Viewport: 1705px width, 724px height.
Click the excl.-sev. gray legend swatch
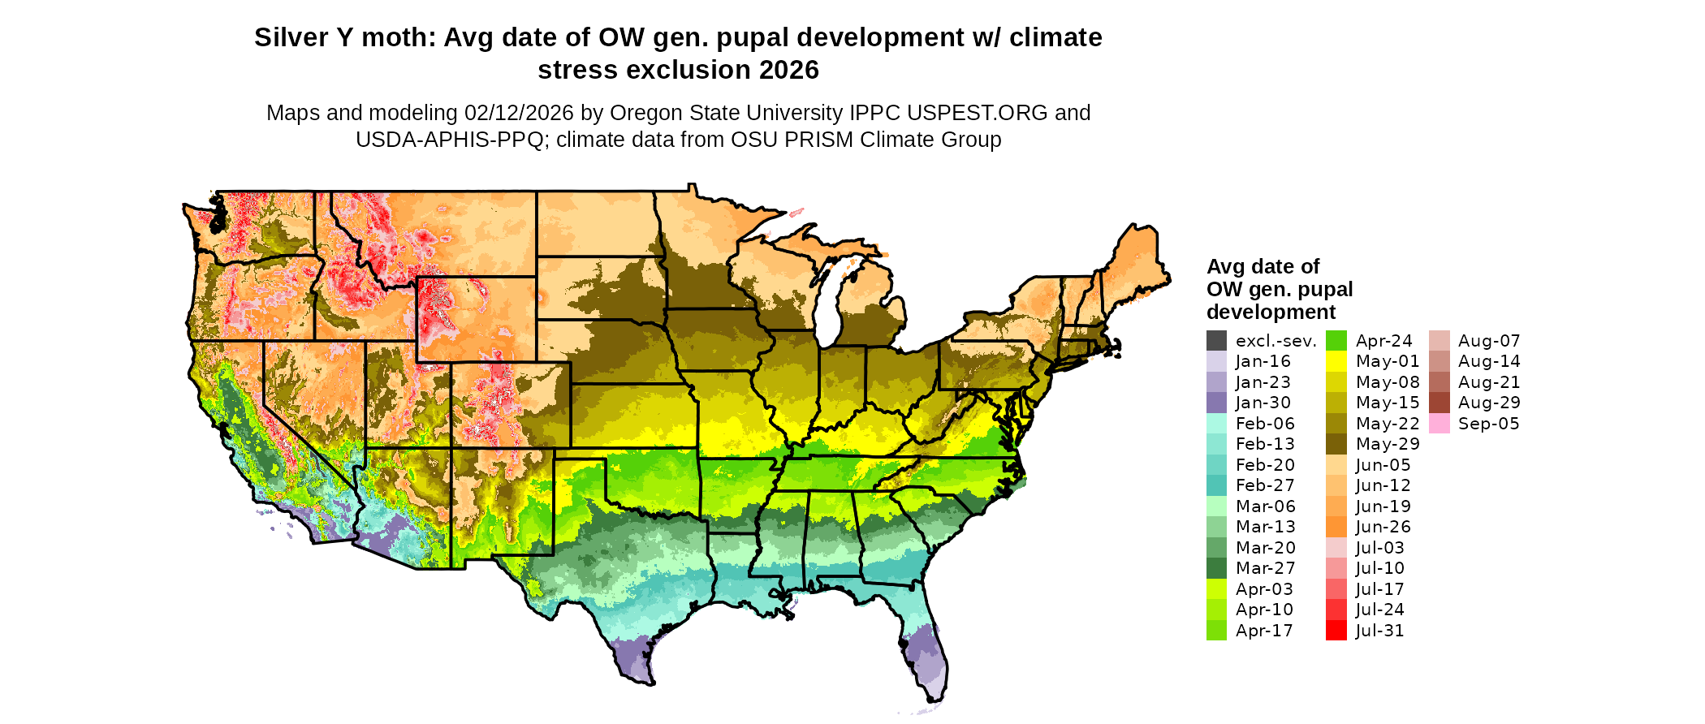pyautogui.click(x=1216, y=341)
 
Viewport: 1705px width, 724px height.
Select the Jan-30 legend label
pyautogui.click(x=1263, y=403)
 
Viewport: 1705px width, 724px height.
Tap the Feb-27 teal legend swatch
pyautogui.click(x=1216, y=485)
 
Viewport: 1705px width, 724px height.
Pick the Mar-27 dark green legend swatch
pyautogui.click(x=1216, y=568)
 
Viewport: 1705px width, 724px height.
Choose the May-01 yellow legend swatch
pyautogui.click(x=1336, y=361)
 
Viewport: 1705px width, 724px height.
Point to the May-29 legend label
pyautogui.click(x=1388, y=444)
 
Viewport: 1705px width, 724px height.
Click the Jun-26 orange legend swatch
pyautogui.click(x=1336, y=527)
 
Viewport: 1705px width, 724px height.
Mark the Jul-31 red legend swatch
pyautogui.click(x=1336, y=631)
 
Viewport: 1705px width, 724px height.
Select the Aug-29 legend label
pyautogui.click(x=1489, y=403)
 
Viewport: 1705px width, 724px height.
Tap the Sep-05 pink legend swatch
pyautogui.click(x=1439, y=424)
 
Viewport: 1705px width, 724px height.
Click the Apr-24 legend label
pyautogui.click(x=1383, y=341)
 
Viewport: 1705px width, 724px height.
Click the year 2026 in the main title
pyautogui.click(x=789, y=71)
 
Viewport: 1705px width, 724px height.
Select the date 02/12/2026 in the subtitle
pyautogui.click(x=519, y=113)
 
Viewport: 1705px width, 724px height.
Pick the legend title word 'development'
pyautogui.click(x=1271, y=312)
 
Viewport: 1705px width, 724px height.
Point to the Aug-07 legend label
pyautogui.click(x=1489, y=341)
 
